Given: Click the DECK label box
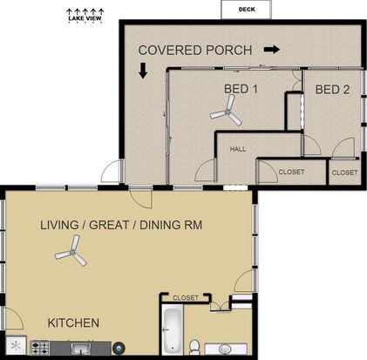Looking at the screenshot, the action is point(247,10).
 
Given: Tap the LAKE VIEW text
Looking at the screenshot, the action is point(85,18).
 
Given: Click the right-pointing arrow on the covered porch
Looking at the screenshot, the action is point(272,50).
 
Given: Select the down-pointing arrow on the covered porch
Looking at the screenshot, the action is point(143,71).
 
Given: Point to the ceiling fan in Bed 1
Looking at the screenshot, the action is point(227,112).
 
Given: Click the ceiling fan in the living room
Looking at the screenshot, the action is point(71,252).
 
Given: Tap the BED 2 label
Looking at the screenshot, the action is point(332,90).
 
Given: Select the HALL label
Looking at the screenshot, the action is point(238,149).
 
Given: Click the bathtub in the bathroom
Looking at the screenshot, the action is point(172,329).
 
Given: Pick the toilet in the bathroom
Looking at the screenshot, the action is point(194,347).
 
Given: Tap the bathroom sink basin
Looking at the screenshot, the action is point(225,349).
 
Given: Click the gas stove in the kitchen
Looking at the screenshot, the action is point(40,348).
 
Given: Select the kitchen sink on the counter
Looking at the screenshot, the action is point(81,348).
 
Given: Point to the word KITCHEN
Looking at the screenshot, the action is point(73,323).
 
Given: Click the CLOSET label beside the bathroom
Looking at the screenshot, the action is point(186,298).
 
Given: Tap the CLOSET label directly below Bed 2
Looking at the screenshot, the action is point(344,173).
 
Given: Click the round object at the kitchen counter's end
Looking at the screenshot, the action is point(119,348).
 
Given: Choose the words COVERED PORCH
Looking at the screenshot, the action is point(195,51).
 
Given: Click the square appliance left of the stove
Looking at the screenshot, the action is point(17,345).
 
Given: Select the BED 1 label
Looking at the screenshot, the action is point(241,89).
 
